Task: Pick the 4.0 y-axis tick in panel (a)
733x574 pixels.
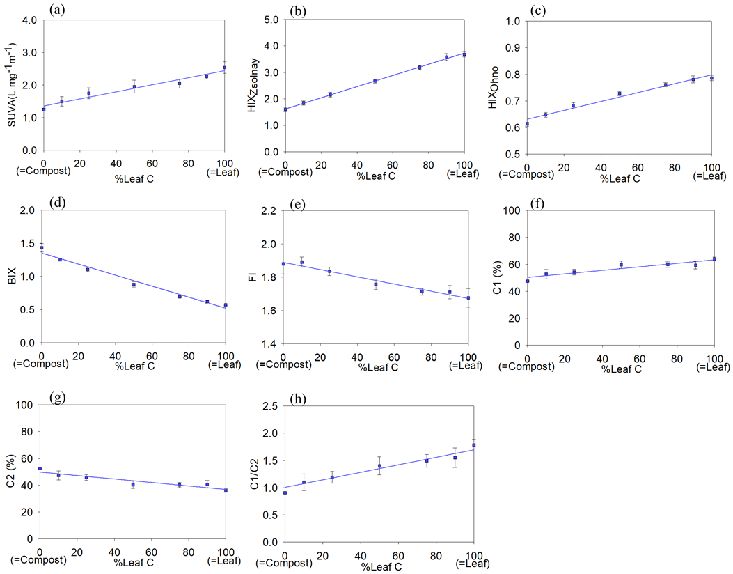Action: coord(29,20)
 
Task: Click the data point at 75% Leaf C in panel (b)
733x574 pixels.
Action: coord(420,67)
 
